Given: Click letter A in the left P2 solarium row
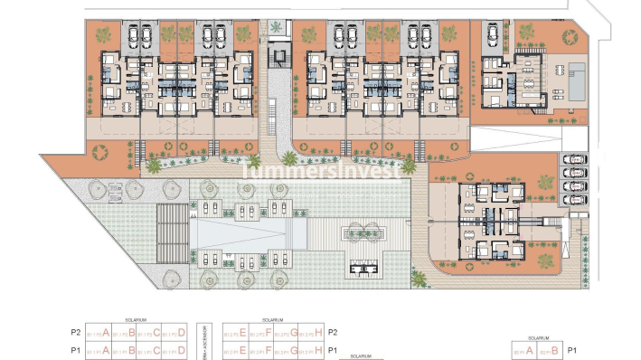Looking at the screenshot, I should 107,332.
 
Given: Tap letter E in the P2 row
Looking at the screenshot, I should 243,332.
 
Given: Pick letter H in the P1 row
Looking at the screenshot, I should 319,350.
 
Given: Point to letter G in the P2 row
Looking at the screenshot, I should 294,332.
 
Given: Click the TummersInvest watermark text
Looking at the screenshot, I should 320,169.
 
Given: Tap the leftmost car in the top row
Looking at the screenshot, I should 144,37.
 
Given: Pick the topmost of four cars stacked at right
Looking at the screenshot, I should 572,161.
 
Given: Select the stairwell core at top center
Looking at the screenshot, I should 278,60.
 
